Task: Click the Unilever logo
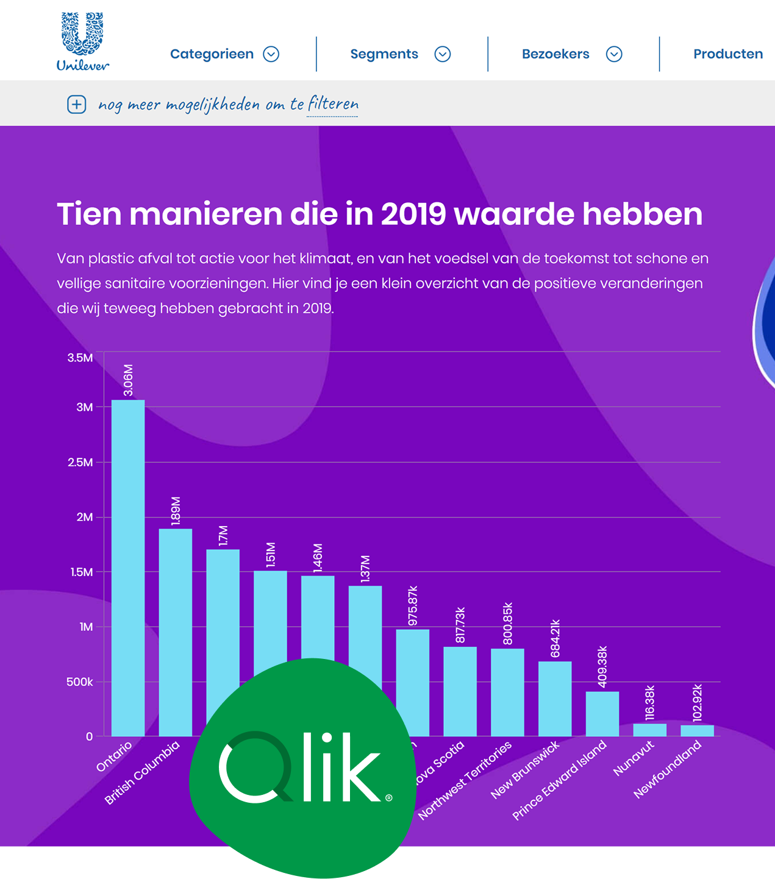click(x=82, y=41)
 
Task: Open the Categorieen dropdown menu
click(x=224, y=54)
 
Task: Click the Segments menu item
click(x=384, y=54)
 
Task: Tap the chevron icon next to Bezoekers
click(x=614, y=54)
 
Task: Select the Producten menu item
click(x=727, y=54)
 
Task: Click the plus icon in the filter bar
click(x=76, y=104)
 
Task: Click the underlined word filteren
click(x=332, y=104)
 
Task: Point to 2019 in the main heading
click(x=413, y=214)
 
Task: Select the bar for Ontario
click(x=128, y=567)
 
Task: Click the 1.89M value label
click(x=176, y=511)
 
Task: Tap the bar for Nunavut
click(x=649, y=730)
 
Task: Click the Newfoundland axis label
click(x=668, y=769)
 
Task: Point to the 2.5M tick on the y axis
click(x=80, y=462)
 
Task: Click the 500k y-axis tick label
click(x=79, y=681)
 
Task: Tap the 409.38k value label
click(x=602, y=666)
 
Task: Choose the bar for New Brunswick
click(x=555, y=699)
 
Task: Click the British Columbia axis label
click(x=142, y=772)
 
